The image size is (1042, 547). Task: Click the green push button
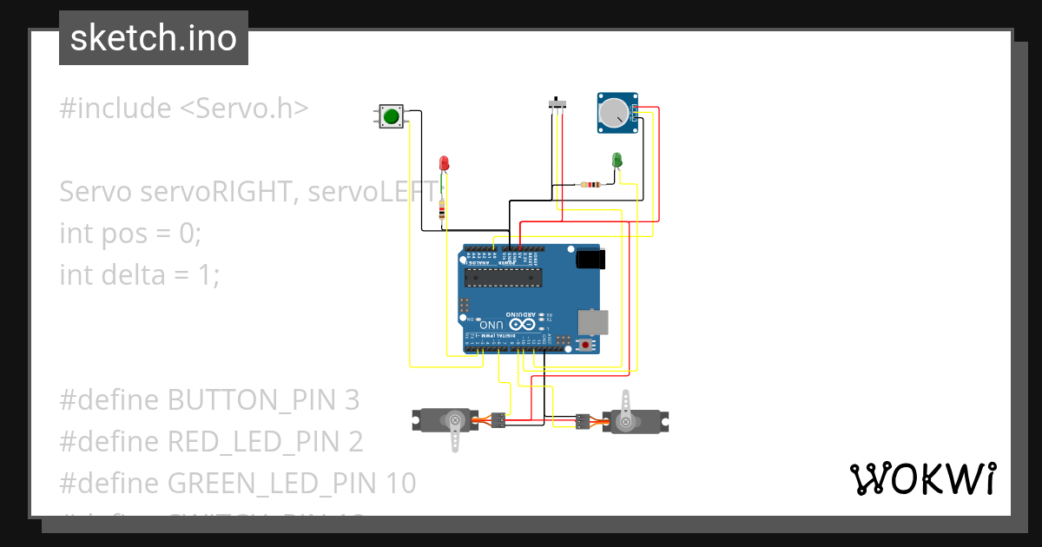[x=391, y=116]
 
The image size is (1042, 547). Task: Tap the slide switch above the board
[x=559, y=105]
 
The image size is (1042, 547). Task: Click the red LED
[x=444, y=163]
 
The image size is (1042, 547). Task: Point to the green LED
[x=617, y=160]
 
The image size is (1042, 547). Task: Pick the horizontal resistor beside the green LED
[x=591, y=184]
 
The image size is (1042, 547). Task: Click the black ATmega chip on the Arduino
[x=503, y=277]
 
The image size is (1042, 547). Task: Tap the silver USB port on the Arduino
[x=594, y=322]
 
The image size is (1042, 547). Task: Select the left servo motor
[x=445, y=421]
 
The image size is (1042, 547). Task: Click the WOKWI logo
[x=922, y=478]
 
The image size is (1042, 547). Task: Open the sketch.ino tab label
[x=153, y=38]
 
